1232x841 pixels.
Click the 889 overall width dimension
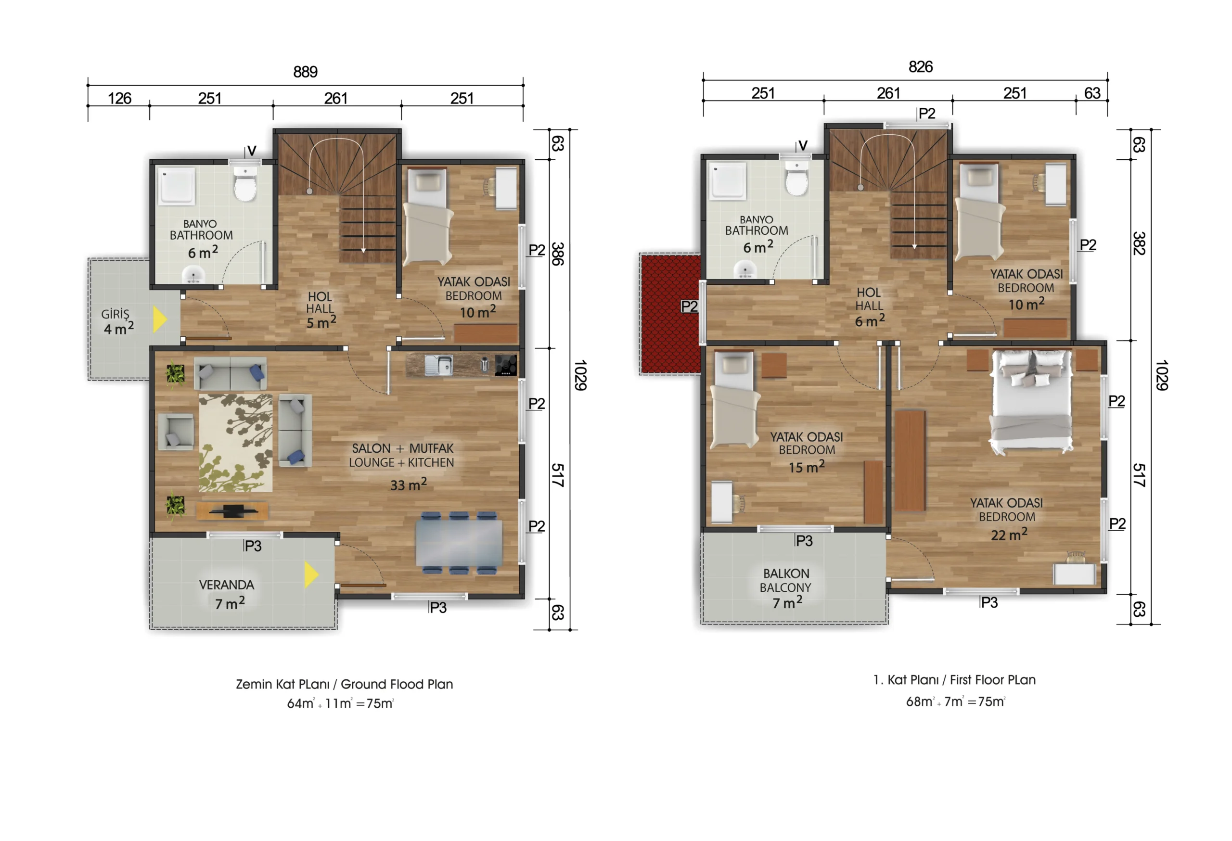[x=305, y=72]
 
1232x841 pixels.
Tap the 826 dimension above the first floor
[x=920, y=67]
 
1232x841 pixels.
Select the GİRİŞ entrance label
[x=115, y=314]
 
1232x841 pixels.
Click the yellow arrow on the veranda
[x=311, y=575]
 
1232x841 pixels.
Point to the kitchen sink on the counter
[x=439, y=365]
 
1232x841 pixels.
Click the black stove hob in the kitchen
[x=506, y=365]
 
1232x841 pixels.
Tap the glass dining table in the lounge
[x=459, y=543]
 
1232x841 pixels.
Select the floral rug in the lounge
[x=236, y=443]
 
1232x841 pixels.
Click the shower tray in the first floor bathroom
[x=729, y=180]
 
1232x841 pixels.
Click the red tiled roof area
[x=670, y=314]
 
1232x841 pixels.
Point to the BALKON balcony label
[x=786, y=573]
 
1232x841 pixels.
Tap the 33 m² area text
[x=408, y=484]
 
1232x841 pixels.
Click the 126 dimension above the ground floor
[x=119, y=98]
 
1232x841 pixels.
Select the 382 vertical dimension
[x=1139, y=243]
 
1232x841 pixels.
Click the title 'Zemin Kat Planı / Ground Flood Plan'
[x=345, y=684]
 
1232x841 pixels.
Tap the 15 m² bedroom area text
[x=806, y=467]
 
